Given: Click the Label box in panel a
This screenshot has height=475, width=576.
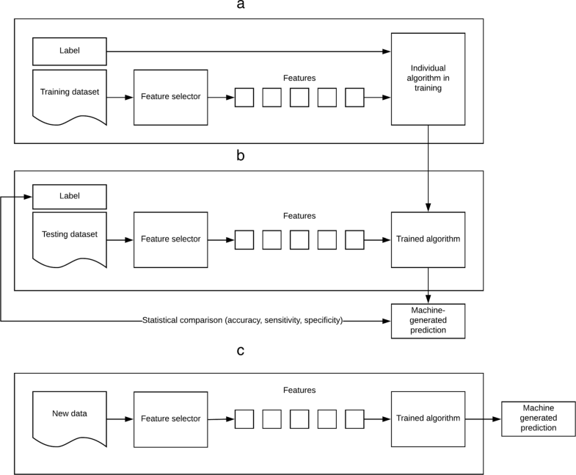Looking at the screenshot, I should (70, 51).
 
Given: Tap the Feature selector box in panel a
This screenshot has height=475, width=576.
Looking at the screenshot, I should (170, 97).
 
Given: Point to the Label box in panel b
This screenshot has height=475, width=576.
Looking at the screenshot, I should (70, 196).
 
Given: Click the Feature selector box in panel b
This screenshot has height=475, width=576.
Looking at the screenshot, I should (170, 239).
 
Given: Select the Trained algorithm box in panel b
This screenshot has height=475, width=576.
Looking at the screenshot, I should (428, 239).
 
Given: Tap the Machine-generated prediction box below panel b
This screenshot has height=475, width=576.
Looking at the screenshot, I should (428, 320).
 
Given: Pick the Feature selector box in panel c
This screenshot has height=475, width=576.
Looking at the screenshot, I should (170, 418).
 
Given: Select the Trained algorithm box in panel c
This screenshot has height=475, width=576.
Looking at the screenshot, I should (428, 418).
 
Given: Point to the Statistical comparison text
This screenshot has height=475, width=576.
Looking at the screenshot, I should (242, 321).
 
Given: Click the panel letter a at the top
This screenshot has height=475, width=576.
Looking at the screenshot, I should (241, 6).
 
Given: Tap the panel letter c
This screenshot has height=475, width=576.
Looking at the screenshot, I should (241, 351).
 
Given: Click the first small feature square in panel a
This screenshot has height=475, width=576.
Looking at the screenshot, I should (244, 97).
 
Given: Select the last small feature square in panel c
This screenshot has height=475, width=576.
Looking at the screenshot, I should (354, 418).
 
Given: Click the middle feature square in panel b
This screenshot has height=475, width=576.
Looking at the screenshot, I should (299, 239).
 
